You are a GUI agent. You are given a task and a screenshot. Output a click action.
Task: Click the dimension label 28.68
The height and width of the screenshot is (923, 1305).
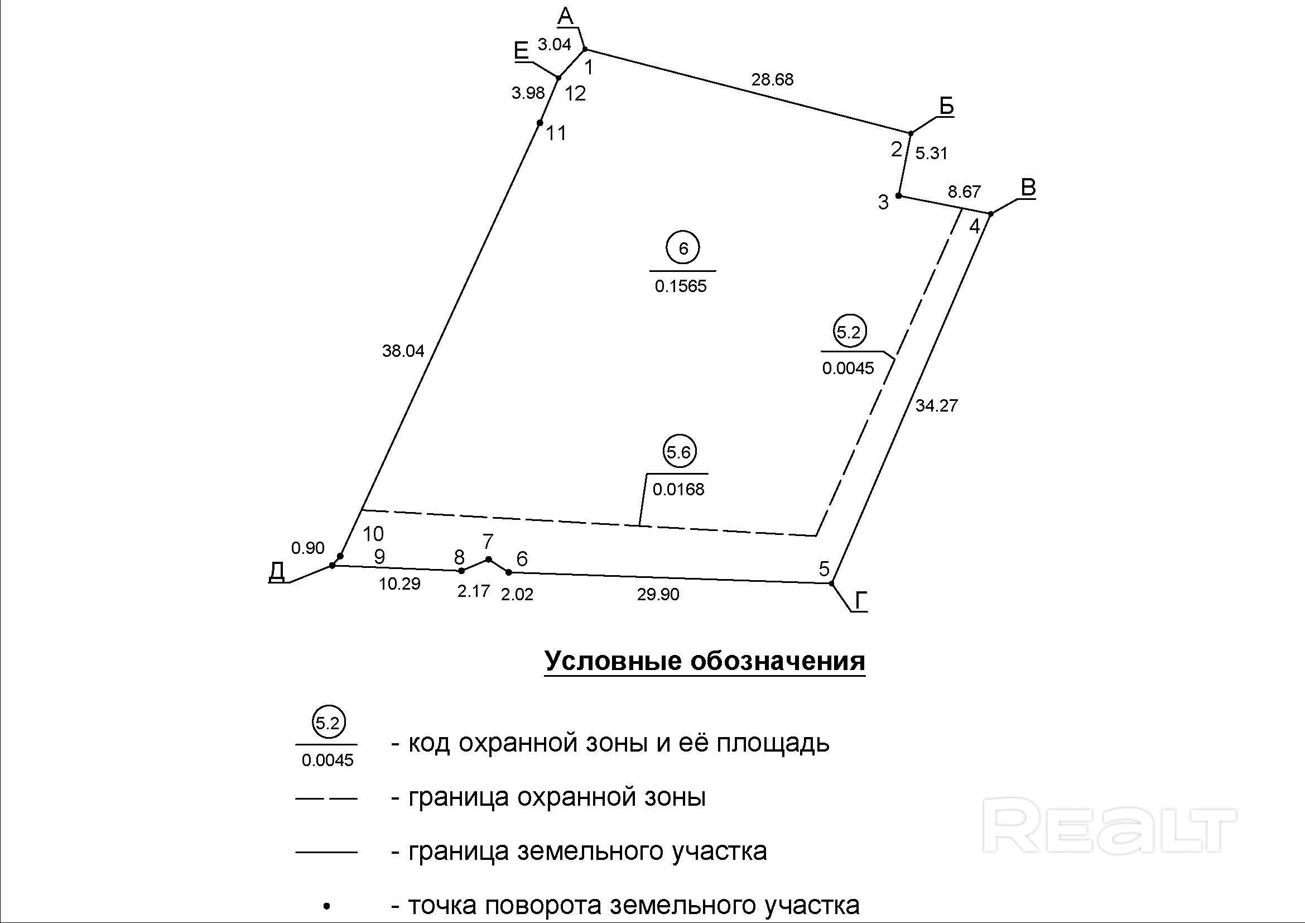772,80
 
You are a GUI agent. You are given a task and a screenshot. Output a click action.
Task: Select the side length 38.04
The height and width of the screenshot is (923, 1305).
403,351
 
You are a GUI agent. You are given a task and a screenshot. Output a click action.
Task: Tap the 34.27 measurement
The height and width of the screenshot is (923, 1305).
936,405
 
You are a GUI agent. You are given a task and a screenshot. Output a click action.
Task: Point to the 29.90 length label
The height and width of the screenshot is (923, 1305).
658,594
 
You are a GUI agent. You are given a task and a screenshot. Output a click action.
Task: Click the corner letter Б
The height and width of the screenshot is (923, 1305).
946,106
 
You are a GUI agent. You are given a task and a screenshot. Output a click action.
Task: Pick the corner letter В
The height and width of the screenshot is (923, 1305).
1028,187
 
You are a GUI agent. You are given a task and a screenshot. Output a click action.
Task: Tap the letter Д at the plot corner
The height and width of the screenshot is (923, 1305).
277,571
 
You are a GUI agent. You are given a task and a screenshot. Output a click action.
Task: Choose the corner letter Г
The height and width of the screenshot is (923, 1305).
861,601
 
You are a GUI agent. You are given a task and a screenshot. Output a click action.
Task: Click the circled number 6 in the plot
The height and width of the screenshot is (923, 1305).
682,248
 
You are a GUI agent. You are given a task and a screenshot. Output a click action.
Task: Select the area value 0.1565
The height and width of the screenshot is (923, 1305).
680,286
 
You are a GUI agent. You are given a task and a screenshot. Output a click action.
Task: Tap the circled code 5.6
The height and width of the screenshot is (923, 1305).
678,452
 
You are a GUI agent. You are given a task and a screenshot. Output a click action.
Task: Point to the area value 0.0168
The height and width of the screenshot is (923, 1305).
678,489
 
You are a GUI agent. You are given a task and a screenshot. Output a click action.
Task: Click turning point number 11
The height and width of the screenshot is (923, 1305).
540,123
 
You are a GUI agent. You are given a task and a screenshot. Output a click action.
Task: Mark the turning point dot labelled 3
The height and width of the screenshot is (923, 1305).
899,195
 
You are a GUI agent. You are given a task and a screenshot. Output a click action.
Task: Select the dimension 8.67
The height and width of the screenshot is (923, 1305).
964,192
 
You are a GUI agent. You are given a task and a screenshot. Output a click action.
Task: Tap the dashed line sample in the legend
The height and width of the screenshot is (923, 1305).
326,799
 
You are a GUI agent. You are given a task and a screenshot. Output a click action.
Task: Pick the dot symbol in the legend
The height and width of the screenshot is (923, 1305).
326,904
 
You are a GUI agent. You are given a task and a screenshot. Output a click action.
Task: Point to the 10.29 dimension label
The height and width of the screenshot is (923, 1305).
399,584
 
